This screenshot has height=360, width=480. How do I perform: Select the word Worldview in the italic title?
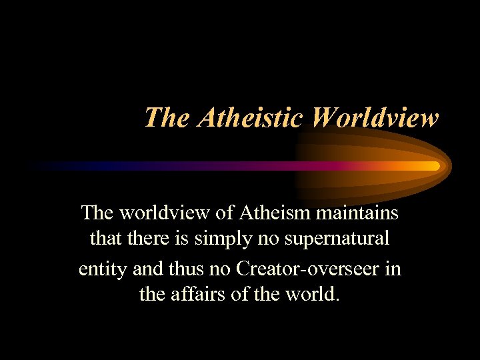(x=375, y=118)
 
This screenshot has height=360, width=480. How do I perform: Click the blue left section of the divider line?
(x=80, y=165)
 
